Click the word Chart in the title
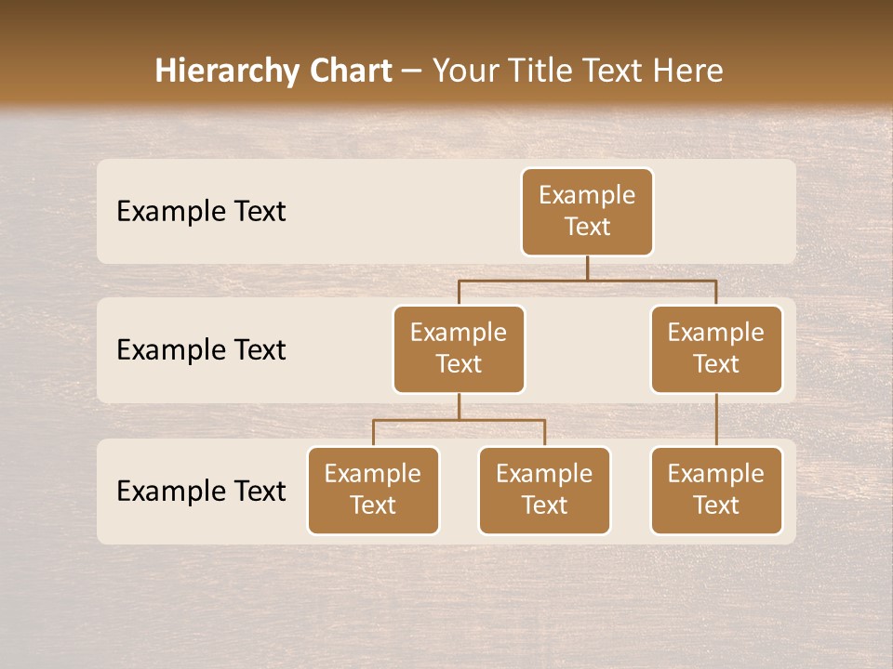(x=347, y=71)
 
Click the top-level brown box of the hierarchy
(x=587, y=212)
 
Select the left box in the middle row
(x=459, y=349)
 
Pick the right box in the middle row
(x=716, y=349)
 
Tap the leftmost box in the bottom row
(x=373, y=491)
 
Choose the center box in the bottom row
(x=544, y=491)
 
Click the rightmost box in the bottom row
(x=716, y=491)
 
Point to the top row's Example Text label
(x=201, y=212)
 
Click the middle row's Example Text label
(x=201, y=350)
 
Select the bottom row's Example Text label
(x=201, y=491)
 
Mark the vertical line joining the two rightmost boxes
(x=716, y=420)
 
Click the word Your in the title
(x=464, y=71)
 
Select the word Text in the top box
(x=587, y=227)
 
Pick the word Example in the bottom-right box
(x=716, y=474)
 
